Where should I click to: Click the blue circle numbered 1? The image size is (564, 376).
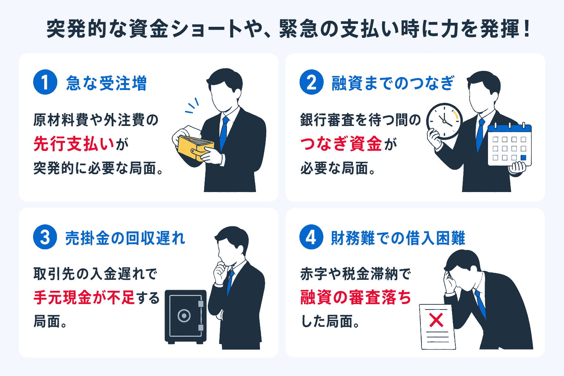pos(45,82)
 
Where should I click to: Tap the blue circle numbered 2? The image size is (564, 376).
pos(311,82)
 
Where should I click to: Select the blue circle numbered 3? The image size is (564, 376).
pos(45,237)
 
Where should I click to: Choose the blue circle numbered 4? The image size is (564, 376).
pos(311,237)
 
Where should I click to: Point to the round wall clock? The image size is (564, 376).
pos(444,121)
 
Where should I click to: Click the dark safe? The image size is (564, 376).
pos(185,317)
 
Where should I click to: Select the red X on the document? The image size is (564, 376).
pos(436,320)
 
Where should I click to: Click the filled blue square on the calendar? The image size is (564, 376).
pos(524,158)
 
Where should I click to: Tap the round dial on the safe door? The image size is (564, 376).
pos(184,315)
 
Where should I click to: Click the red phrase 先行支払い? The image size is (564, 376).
pos(74,144)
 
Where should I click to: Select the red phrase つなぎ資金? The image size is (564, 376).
pos(341,144)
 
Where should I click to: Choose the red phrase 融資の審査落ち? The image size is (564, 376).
pos(355,297)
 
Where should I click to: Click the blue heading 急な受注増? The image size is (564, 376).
pos(106,83)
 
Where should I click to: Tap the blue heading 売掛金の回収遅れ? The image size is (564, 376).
pos(125,238)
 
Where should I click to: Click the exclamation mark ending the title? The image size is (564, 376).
pos(527,29)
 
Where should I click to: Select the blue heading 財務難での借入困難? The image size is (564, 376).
pos(398,238)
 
